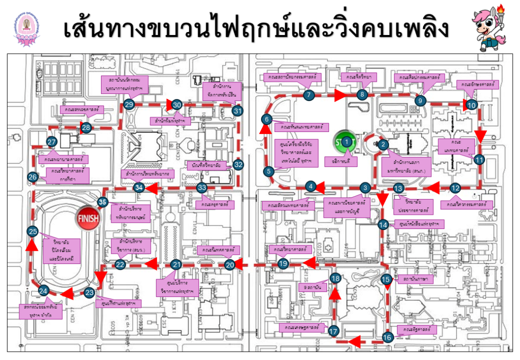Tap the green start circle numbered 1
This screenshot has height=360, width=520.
tap(346, 142)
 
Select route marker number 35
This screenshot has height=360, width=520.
tap(103, 202)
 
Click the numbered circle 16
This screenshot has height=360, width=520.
tap(387, 337)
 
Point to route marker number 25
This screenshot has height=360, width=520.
tap(33, 232)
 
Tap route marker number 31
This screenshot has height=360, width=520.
tap(237, 110)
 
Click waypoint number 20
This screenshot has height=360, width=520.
tap(230, 265)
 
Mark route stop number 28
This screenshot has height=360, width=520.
tap(86, 127)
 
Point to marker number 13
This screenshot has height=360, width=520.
tap(398, 187)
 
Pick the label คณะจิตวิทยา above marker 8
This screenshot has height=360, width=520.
tap(359, 77)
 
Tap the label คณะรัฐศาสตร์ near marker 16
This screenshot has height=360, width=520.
tap(416, 330)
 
